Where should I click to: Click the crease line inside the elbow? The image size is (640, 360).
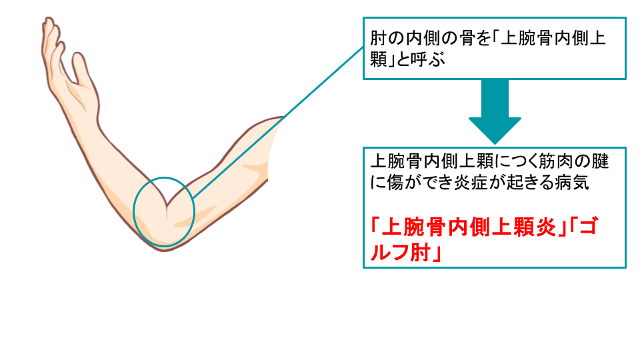pyautogui.click(x=167, y=210)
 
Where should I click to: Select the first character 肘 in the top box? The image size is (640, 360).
pyautogui.click(x=377, y=39)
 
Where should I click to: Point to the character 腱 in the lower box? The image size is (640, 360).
pyautogui.click(x=600, y=161)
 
